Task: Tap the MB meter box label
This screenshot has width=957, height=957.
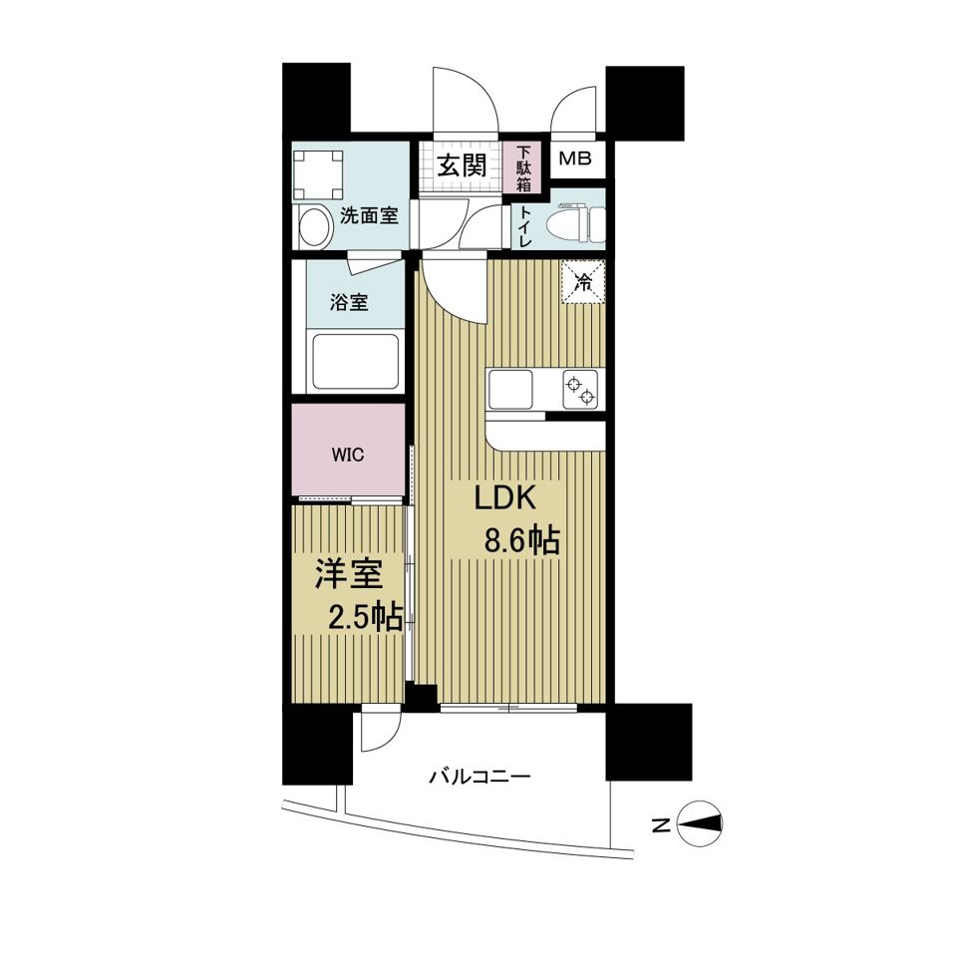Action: click(575, 159)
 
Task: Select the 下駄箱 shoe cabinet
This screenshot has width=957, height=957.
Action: click(523, 167)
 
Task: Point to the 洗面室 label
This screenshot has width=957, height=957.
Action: click(369, 215)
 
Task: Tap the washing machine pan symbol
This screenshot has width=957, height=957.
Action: click(318, 173)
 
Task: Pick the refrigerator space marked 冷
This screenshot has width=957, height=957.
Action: click(583, 281)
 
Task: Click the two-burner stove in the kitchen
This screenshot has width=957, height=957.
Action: click(580, 391)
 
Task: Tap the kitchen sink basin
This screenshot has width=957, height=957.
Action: click(510, 390)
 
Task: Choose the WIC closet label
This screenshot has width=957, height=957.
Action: click(348, 455)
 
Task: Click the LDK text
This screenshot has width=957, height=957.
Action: click(505, 498)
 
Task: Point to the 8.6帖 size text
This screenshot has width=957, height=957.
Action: click(521, 539)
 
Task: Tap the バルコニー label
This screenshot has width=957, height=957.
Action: click(479, 778)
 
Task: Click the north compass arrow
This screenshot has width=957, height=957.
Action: click(700, 824)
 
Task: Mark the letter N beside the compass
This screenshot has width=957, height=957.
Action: click(660, 825)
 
